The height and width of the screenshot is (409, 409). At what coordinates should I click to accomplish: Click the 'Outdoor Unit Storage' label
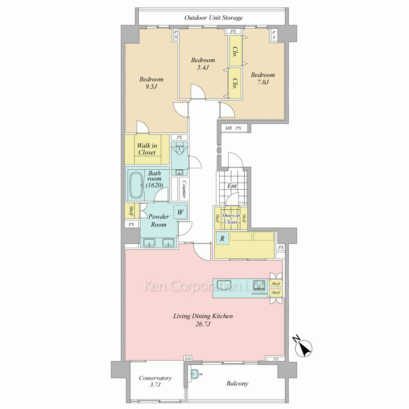pyautogui.click(x=213, y=18)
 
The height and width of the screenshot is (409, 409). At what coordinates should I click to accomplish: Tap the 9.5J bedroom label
pyautogui.click(x=151, y=83)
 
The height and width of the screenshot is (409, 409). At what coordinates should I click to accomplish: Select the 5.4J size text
pyautogui.click(x=203, y=67)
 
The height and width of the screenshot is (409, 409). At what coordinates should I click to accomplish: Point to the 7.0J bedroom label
pyautogui.click(x=263, y=78)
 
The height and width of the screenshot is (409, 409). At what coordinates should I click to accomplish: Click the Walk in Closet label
pyautogui.click(x=147, y=149)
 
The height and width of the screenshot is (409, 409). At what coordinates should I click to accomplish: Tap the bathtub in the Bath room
pyautogui.click(x=136, y=185)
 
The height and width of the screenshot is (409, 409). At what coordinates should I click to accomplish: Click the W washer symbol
pyautogui.click(x=180, y=212)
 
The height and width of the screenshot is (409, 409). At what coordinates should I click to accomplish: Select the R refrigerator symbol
pyautogui.click(x=222, y=238)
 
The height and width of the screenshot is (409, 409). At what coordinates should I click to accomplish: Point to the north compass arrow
pyautogui.click(x=303, y=347)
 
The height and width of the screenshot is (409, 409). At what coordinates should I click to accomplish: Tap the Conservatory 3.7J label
pyautogui.click(x=155, y=381)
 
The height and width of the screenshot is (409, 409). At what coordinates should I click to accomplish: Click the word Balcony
pyautogui.click(x=237, y=384)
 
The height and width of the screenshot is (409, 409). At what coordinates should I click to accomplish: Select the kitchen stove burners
pyautogui.click(x=260, y=285)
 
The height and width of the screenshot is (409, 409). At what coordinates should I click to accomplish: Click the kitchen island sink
pyautogui.click(x=224, y=285)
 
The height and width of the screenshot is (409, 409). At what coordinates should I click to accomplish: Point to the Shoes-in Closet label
pyautogui.click(x=231, y=218)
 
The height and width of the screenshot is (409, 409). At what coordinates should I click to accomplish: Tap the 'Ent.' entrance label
pyautogui.click(x=232, y=186)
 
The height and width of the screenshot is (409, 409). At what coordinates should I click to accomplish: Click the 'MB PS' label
pyautogui.click(x=233, y=128)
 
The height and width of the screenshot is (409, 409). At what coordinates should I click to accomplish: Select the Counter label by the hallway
pyautogui.click(x=184, y=189)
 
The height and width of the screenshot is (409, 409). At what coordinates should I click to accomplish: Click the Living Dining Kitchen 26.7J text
pyautogui.click(x=203, y=320)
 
